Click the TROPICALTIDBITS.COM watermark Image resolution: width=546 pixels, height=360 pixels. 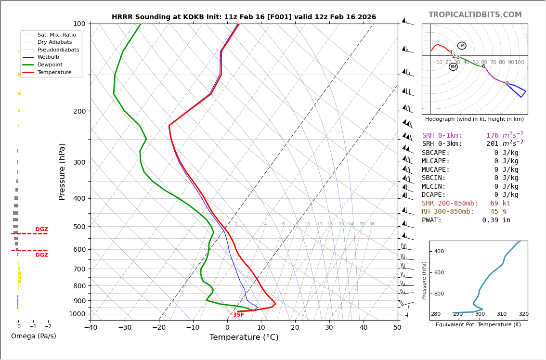point(475,15)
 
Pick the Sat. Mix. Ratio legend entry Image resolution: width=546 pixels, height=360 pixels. point(56,35)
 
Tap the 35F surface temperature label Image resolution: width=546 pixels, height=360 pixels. point(238,315)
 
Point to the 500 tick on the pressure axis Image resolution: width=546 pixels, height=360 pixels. point(79,227)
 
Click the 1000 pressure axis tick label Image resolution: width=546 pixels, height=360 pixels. point(78,314)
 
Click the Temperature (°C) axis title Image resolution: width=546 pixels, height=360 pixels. point(244,337)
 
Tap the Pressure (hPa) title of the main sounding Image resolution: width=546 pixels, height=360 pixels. point(63,171)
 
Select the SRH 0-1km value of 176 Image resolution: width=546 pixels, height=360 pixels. point(492,136)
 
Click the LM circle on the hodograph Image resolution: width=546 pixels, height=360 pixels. point(462,46)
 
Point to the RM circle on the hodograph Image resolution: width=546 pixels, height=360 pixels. point(453,67)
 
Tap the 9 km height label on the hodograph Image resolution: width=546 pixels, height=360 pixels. point(507,83)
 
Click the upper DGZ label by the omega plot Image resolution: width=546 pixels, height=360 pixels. point(41,230)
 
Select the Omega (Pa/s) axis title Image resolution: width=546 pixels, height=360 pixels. point(33,336)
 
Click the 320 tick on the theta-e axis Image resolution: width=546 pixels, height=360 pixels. point(523,314)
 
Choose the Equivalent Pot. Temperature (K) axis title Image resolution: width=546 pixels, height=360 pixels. point(478,325)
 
